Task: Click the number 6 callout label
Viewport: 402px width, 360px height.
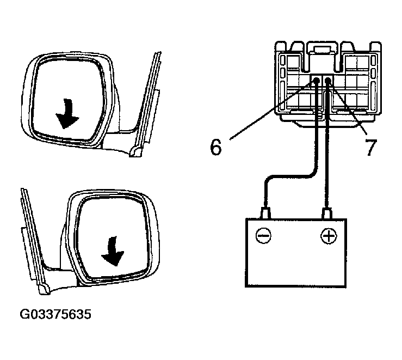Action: click(216, 147)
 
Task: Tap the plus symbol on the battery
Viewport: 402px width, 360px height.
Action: click(328, 236)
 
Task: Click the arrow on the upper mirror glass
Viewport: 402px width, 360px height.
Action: click(67, 112)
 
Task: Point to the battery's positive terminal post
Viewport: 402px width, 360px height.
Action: click(327, 212)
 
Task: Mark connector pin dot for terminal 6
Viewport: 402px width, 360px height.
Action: click(316, 82)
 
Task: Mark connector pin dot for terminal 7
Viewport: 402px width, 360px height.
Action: click(328, 82)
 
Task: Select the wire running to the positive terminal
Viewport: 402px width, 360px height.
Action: click(327, 163)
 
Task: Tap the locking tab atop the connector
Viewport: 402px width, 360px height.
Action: click(320, 50)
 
